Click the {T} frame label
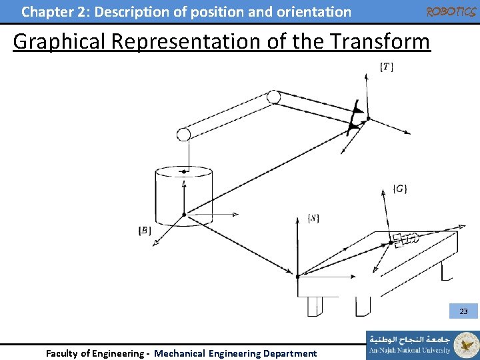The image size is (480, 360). (387, 67)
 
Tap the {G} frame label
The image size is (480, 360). (400, 189)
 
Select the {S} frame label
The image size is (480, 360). (313, 219)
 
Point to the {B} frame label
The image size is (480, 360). (144, 231)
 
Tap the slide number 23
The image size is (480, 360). (464, 311)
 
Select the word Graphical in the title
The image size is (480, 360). (59, 41)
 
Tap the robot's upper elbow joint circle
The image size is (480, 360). (273, 97)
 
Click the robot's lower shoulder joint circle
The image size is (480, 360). (183, 134)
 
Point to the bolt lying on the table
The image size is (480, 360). (405, 239)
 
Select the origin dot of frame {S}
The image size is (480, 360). (297, 275)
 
